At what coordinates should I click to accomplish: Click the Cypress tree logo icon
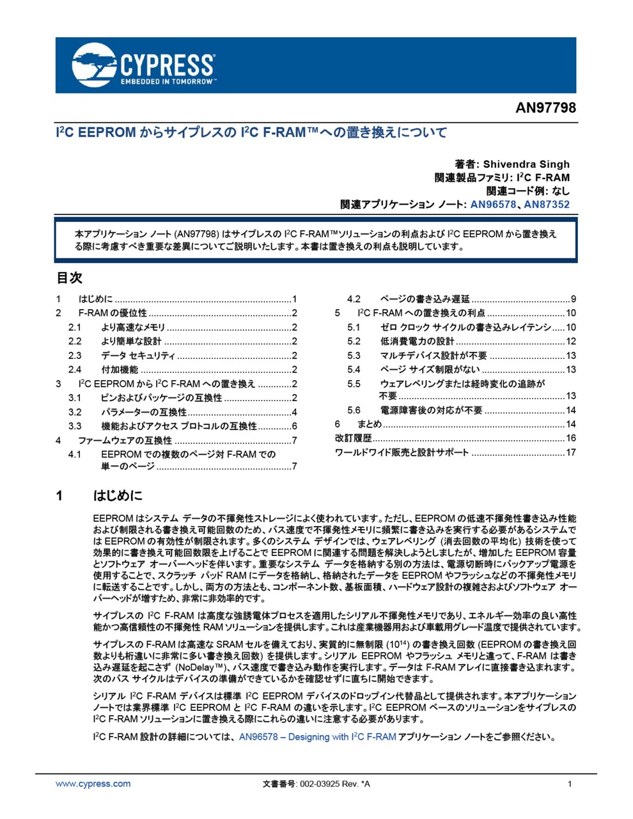pos(94,65)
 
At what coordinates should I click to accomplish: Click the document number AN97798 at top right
pos(545,107)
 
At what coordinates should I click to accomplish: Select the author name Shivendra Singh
pos(526,164)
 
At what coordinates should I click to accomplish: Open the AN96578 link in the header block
pos(493,205)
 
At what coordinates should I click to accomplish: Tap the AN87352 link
pos(547,205)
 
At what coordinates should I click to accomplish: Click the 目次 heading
pos(70,278)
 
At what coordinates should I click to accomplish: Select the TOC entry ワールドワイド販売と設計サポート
pos(402,452)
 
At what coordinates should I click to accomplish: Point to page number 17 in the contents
pos(570,452)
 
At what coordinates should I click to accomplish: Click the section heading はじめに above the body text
pos(118,496)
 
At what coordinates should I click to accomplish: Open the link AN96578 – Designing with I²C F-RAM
pos(317,737)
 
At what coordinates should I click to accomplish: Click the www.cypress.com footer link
pos(93,784)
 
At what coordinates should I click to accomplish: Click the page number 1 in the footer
pos(570,784)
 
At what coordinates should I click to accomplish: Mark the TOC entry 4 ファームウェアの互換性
pos(125,440)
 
